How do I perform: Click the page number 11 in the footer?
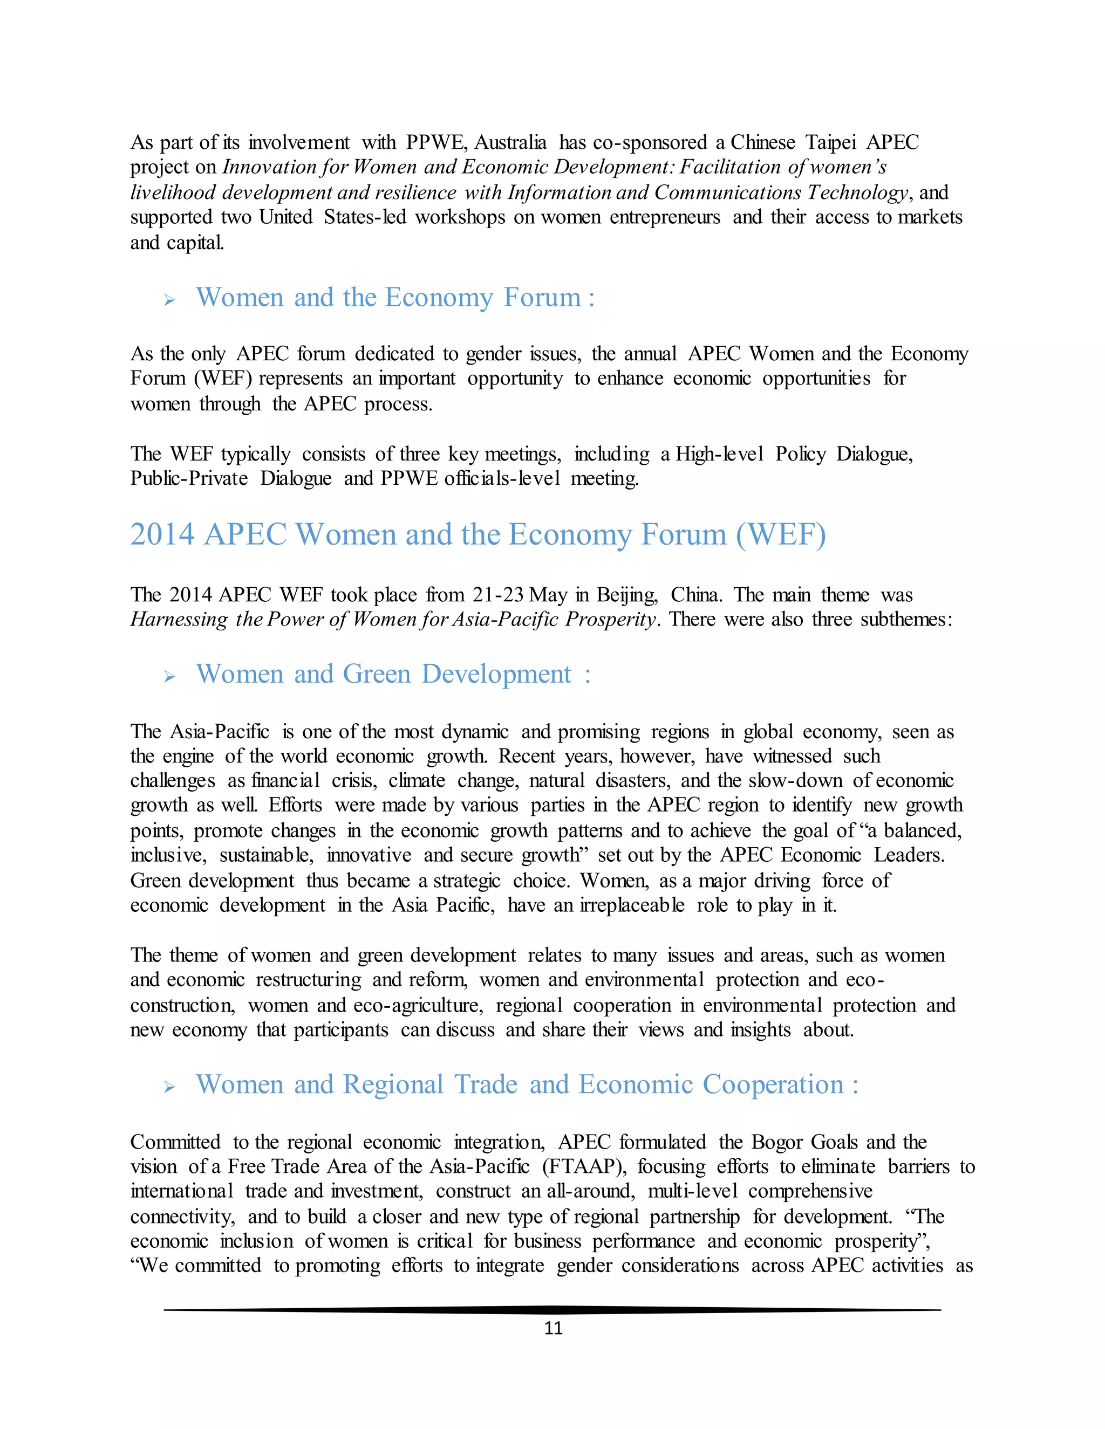pos(553,1328)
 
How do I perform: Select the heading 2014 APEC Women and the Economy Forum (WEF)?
pos(478,534)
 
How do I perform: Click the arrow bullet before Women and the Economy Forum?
pos(169,300)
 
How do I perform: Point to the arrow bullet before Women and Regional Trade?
pos(169,1088)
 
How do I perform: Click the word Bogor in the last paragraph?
pos(777,1142)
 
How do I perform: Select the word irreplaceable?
pos(632,905)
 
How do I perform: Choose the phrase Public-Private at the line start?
pos(188,478)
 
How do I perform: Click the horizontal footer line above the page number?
pos(552,1310)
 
